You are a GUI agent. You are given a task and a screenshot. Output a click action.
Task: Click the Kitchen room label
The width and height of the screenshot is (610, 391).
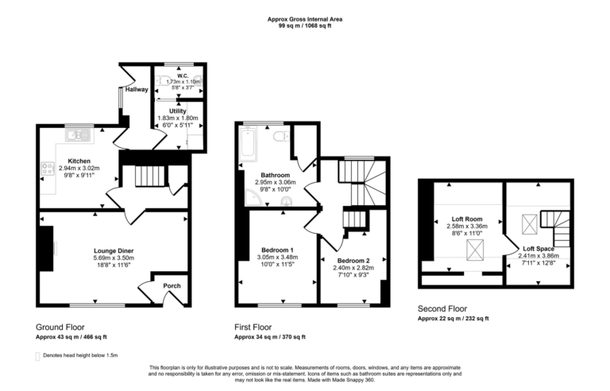click(x=68, y=161)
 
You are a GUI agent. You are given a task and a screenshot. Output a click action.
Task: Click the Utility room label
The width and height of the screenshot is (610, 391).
click(x=177, y=111)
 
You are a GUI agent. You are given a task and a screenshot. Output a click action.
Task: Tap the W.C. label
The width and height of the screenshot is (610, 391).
click(x=177, y=76)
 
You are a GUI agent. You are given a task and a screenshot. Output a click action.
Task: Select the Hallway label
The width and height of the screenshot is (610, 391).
click(x=136, y=90)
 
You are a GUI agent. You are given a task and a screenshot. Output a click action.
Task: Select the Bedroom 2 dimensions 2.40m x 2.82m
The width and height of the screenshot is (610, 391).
click(x=352, y=268)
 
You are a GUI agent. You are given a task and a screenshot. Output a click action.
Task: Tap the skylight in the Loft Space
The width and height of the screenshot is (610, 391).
click(x=527, y=223)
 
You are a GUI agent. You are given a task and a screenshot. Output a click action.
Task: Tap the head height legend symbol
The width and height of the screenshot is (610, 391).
click(x=39, y=357)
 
